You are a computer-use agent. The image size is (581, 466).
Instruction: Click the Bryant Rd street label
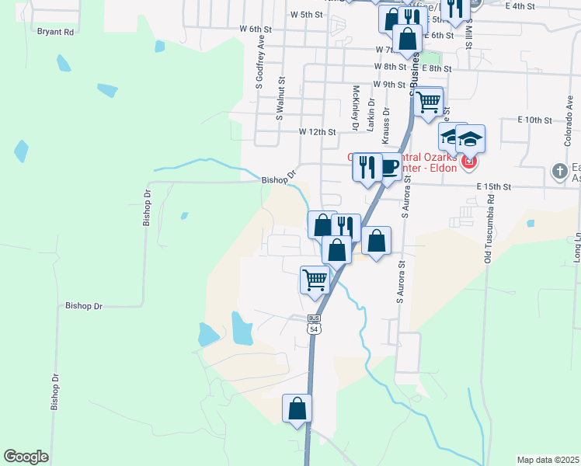(55, 33)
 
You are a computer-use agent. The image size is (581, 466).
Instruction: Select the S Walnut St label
(281, 97)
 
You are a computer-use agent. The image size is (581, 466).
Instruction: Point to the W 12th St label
(318, 132)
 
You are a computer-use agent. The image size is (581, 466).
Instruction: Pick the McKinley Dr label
(355, 107)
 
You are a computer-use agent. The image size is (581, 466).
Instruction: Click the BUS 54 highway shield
(314, 324)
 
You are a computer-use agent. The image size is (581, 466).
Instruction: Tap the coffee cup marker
(390, 166)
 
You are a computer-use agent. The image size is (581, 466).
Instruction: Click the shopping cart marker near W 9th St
(429, 102)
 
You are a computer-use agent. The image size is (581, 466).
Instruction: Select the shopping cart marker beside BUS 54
(315, 278)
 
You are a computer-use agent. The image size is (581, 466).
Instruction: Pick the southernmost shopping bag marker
(297, 408)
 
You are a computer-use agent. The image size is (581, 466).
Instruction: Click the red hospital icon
(468, 164)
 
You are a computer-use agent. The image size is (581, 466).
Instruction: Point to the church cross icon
(560, 170)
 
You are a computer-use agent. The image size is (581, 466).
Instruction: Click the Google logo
(26, 457)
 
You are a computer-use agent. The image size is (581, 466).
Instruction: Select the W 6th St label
(256, 29)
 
